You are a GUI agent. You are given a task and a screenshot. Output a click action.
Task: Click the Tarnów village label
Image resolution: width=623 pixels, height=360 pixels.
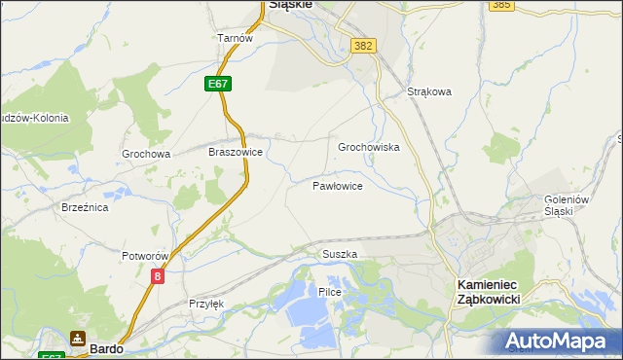click(x=235, y=38)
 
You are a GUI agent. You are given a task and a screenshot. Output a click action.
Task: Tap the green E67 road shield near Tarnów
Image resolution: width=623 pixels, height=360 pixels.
click(x=219, y=85)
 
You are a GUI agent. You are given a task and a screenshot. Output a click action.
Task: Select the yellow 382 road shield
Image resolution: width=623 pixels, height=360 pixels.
click(x=364, y=46)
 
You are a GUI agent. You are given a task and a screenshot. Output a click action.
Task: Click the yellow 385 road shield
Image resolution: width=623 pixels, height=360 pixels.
click(x=501, y=5)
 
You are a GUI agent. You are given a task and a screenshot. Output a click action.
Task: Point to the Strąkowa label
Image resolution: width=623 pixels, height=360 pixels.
click(x=429, y=93)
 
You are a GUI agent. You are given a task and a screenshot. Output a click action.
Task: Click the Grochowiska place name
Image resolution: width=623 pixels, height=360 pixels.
click(x=369, y=148)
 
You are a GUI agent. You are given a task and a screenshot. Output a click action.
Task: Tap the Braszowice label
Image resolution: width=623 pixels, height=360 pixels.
click(x=236, y=153)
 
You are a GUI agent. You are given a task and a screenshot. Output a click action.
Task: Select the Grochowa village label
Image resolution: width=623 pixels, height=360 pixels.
click(x=146, y=154)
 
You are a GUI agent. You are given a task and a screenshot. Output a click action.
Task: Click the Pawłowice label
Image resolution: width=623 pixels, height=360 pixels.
click(x=338, y=185)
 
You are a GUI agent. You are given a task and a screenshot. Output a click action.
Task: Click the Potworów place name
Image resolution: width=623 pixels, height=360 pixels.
click(x=146, y=256)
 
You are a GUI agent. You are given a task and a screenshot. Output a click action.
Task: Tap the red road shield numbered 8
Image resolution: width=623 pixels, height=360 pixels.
click(x=158, y=277)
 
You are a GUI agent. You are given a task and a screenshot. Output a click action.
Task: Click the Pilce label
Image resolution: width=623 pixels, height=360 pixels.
click(x=329, y=292)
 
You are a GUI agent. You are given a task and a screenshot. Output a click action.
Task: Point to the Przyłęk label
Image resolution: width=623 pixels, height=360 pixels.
click(x=206, y=304)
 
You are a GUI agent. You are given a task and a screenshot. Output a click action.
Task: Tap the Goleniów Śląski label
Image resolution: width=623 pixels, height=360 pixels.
click(x=568, y=206)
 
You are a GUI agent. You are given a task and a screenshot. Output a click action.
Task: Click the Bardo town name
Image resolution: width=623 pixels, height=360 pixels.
click(x=105, y=345)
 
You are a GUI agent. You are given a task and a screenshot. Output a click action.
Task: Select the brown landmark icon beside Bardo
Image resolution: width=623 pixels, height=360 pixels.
click(x=77, y=340)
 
